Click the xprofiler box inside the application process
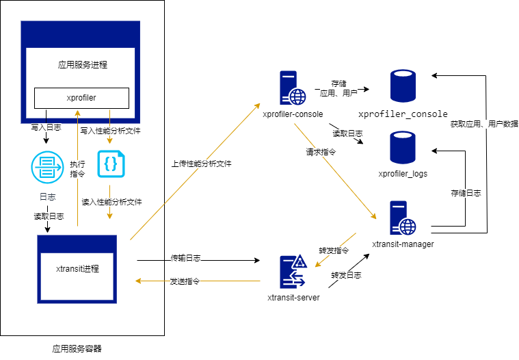pyautogui.click(x=81, y=97)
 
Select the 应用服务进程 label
pyautogui.click(x=82, y=65)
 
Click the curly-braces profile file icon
pyautogui.click(x=110, y=164)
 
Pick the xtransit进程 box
pyautogui.click(x=77, y=269)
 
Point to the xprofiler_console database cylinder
pyautogui.click(x=403, y=86)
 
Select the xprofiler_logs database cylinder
pyautogui.click(x=403, y=147)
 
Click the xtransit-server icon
pyautogui.click(x=293, y=271)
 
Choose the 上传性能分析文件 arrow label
pyautogui.click(x=201, y=164)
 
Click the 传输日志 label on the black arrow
pyautogui.click(x=185, y=259)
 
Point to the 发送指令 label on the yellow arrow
pyautogui.click(x=185, y=281)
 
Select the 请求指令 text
pyautogui.click(x=320, y=153)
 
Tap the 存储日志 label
pyautogui.click(x=466, y=193)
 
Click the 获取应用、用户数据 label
pyautogui.click(x=483, y=124)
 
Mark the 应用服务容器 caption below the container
pyautogui.click(x=77, y=348)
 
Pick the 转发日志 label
pyautogui.click(x=346, y=275)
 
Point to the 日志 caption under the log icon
pyautogui.click(x=46, y=197)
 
